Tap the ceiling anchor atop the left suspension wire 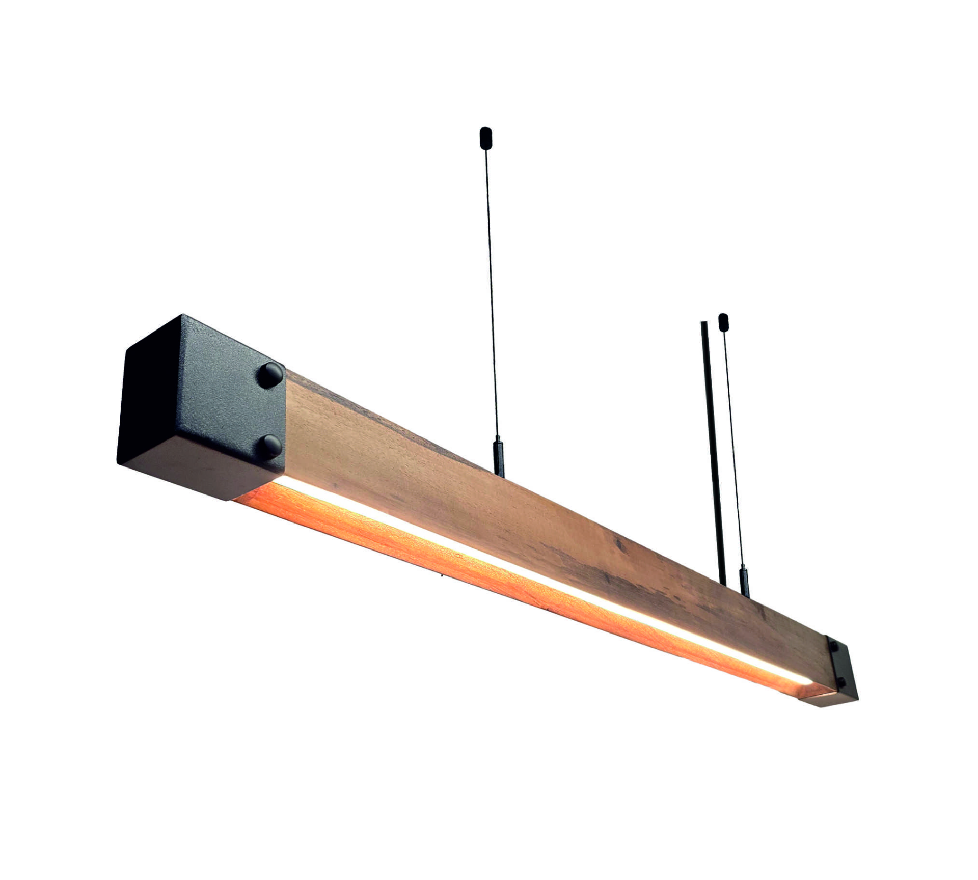coord(486,136)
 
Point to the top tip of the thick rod coord(704,323)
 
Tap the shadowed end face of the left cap coord(148,407)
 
